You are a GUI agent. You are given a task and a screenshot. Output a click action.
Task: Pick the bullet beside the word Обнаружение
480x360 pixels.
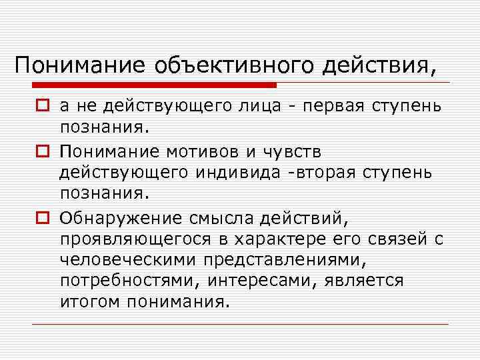[x=41, y=217]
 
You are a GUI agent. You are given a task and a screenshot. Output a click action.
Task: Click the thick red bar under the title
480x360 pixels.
[x=154, y=85]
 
